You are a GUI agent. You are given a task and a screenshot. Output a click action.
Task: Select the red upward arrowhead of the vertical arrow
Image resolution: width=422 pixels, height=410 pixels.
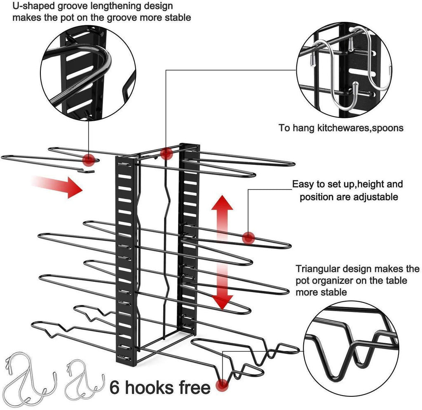coord(223,205)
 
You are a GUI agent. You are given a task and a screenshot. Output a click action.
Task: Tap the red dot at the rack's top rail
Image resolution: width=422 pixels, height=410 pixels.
coord(166,154)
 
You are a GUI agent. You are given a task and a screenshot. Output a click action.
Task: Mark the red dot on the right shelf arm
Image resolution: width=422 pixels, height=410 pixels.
coord(248,237)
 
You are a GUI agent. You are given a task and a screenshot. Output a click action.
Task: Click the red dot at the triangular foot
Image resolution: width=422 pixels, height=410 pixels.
coord(223,384)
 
